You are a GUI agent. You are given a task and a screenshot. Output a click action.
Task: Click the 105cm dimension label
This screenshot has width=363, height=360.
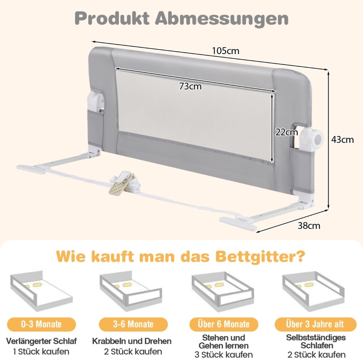click(226, 51)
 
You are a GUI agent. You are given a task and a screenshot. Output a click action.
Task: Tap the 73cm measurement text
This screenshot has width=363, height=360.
click(190, 86)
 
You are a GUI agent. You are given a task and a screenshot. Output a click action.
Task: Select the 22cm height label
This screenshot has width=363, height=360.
click(286, 132)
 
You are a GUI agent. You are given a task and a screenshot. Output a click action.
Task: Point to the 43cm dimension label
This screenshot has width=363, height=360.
click(342, 140)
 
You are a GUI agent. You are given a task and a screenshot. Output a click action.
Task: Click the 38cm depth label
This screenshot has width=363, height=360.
click(309, 226)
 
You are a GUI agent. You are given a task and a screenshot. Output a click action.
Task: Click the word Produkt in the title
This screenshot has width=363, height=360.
click(109, 18)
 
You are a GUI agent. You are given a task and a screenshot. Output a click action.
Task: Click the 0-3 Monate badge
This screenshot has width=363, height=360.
click(41, 324)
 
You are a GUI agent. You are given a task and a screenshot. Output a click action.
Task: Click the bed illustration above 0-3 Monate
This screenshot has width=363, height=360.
click(41, 292)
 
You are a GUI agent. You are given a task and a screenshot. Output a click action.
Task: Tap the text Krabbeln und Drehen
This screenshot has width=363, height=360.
click(132, 341)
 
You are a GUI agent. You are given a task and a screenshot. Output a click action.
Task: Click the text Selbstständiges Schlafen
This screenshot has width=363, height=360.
click(316, 341)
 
